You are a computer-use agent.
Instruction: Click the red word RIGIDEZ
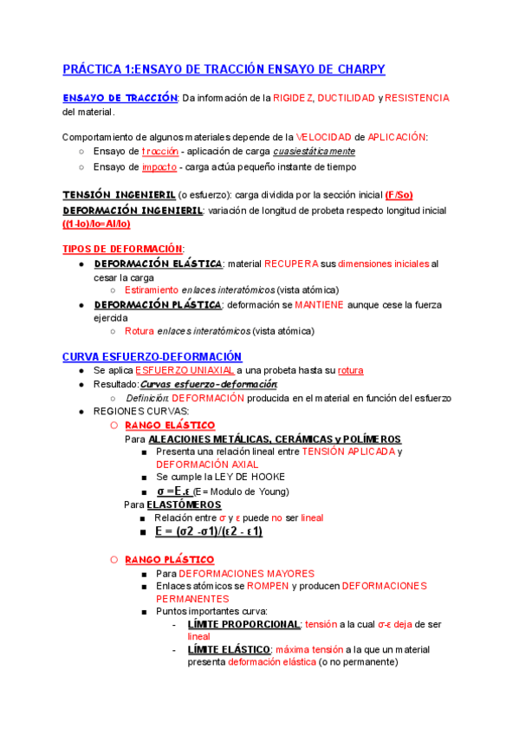point(294,98)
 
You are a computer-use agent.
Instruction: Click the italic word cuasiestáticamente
point(314,152)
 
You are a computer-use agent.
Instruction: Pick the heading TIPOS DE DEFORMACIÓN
point(122,249)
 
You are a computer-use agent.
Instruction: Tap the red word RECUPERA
point(292,263)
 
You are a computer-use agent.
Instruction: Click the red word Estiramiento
point(152,289)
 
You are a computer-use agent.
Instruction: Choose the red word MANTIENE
point(319,305)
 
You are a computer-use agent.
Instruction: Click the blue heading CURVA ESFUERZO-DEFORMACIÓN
point(152,357)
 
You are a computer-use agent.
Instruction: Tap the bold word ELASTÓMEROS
point(184,504)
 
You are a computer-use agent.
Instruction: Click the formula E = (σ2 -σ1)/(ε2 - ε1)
point(209,531)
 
